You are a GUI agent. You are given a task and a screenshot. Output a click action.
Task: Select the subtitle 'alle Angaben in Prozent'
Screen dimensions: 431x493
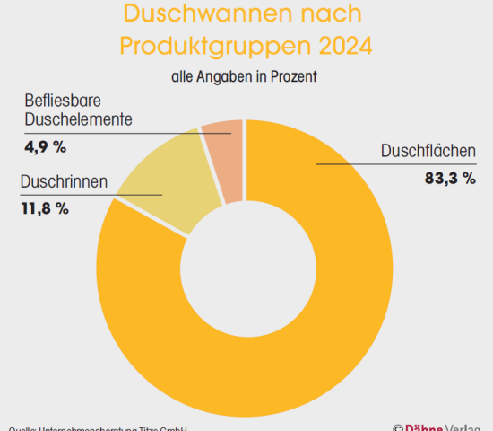pyautogui.click(x=245, y=77)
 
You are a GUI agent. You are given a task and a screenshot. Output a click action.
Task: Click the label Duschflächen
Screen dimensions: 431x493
pyautogui.click(x=428, y=151)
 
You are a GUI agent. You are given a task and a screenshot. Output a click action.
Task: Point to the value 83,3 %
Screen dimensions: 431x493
pyautogui.click(x=449, y=178)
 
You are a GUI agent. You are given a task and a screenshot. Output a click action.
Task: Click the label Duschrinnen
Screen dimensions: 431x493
pyautogui.click(x=64, y=182)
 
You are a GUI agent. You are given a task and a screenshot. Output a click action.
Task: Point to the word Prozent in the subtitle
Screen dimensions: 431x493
pyautogui.click(x=294, y=77)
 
